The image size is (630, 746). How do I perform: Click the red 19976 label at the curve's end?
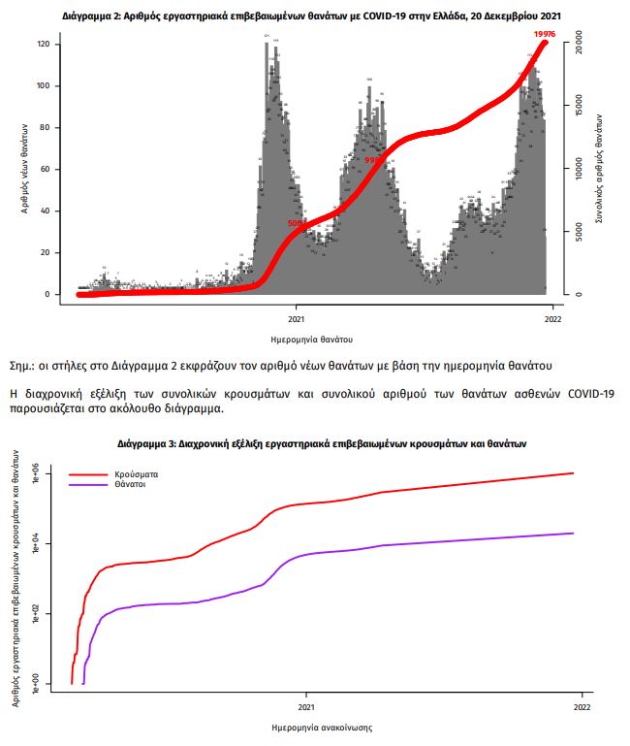(x=544, y=35)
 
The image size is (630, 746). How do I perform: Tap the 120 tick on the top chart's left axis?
(x=44, y=45)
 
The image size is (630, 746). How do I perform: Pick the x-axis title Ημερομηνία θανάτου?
(x=312, y=341)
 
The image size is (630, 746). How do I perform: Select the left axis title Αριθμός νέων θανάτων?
(x=22, y=170)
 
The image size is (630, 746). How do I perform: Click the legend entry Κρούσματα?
(x=137, y=474)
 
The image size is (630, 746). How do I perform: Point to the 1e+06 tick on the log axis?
(x=37, y=474)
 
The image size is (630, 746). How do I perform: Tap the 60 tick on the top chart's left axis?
(x=45, y=169)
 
